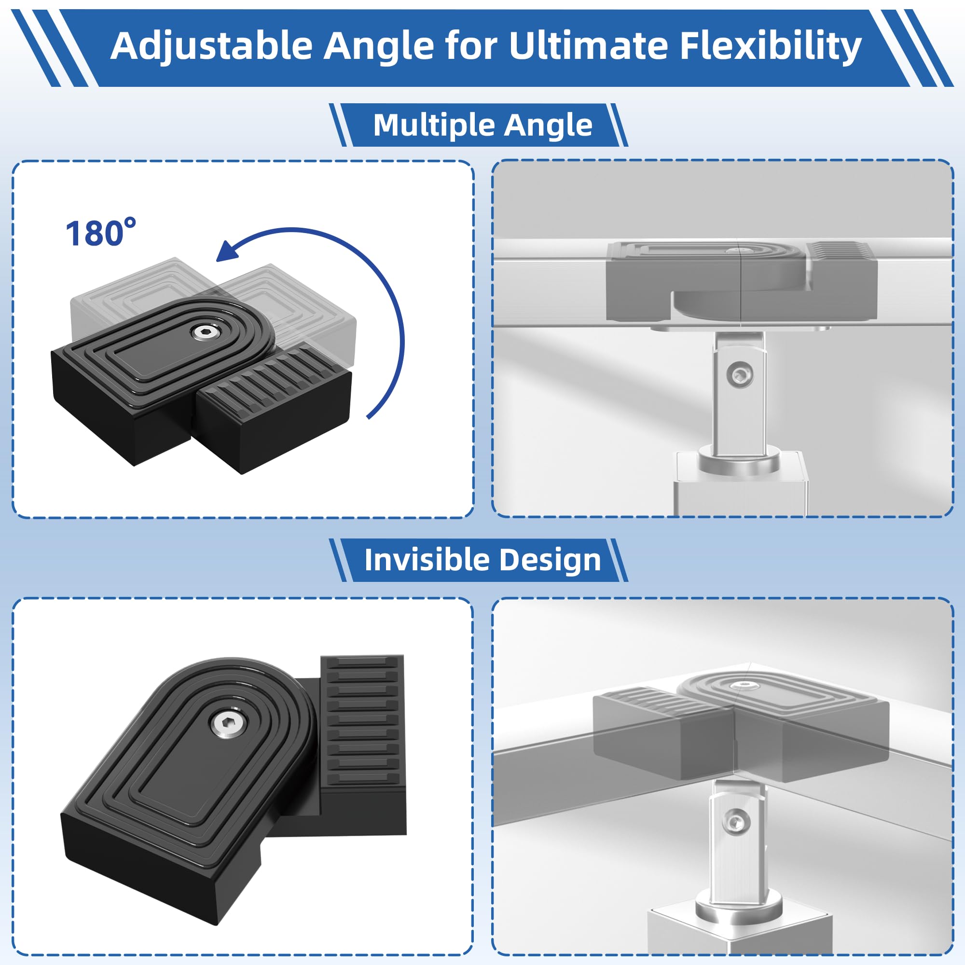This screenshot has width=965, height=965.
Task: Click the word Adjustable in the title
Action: [x=211, y=46]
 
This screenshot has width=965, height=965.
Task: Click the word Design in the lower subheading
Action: [x=550, y=559]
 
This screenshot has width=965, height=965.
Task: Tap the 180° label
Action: [x=100, y=233]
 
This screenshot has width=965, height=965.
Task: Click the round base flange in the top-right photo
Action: [x=738, y=463]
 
